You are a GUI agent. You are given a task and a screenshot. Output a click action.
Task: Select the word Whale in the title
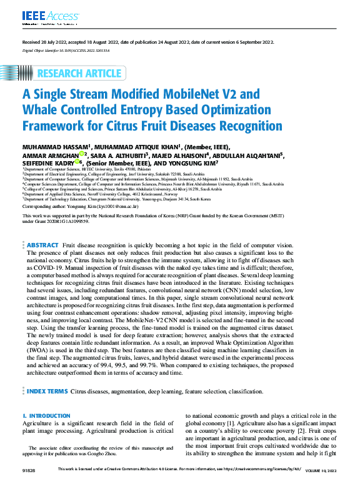click(x=41, y=111)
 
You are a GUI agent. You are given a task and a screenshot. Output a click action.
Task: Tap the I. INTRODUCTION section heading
click(x=46, y=416)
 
